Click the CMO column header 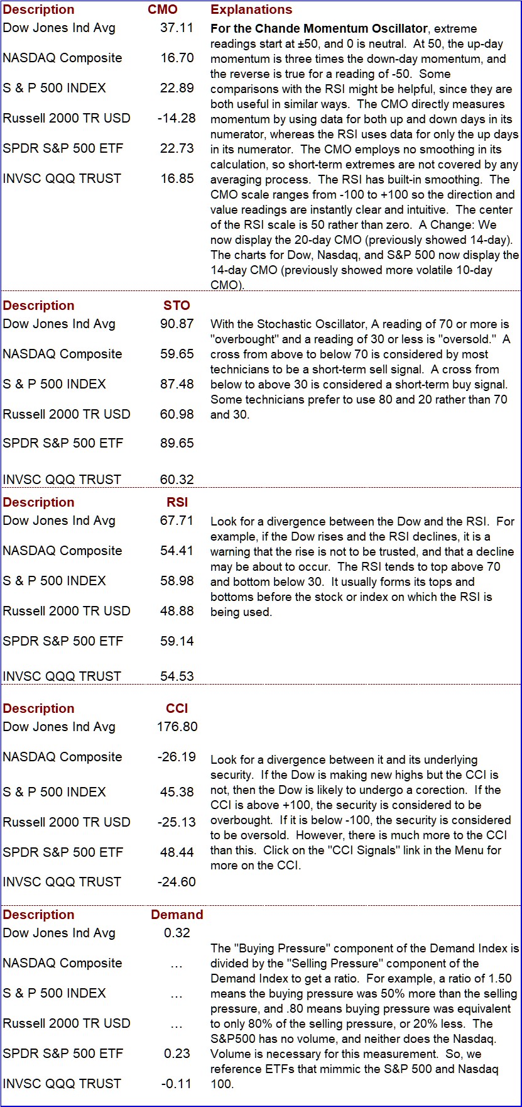click(x=163, y=9)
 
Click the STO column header click(x=177, y=306)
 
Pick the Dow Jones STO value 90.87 click(x=177, y=324)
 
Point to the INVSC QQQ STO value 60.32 click(x=177, y=480)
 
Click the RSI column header click(x=177, y=502)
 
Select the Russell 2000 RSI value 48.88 click(x=177, y=611)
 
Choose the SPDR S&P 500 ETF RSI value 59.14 click(x=177, y=641)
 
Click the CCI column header click(x=177, y=708)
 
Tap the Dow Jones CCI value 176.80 click(x=177, y=727)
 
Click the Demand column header click(x=177, y=915)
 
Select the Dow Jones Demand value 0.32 click(x=177, y=933)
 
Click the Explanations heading click(x=251, y=9)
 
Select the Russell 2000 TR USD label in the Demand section click(x=67, y=1023)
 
